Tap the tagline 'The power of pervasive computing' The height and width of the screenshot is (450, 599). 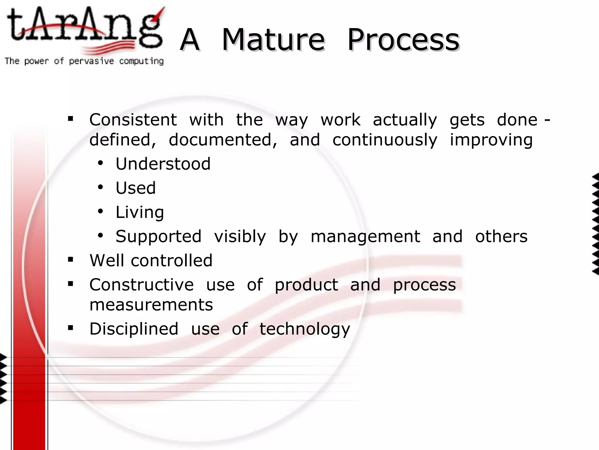[x=84, y=61]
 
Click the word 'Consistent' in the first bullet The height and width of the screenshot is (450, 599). [x=133, y=120]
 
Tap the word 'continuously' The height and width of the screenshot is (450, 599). [x=385, y=140]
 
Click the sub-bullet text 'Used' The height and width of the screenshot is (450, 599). [x=136, y=188]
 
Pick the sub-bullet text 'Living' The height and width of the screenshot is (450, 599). [x=140, y=212]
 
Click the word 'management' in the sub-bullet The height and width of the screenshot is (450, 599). [x=365, y=236]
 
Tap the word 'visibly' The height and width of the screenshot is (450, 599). [x=240, y=236]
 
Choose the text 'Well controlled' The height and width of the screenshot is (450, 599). [x=151, y=260]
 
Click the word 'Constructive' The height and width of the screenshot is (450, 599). [x=142, y=285]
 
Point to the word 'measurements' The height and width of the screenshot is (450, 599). [x=151, y=305]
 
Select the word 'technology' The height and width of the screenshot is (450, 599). [x=305, y=329]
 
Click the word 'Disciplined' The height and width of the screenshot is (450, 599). [x=134, y=329]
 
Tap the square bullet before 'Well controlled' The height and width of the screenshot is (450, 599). [x=70, y=259]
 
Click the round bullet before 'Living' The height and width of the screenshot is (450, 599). [x=101, y=212]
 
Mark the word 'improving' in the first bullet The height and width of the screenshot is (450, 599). [x=491, y=140]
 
